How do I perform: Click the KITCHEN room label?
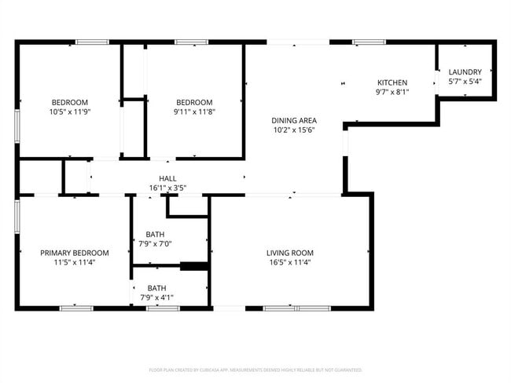392,82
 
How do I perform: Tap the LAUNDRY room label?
465,71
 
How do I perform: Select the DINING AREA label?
294,120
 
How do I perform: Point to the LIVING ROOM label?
290,253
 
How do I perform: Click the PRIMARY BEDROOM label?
75,253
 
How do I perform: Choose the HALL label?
167,178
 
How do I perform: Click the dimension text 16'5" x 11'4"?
290,263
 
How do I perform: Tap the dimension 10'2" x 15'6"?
294,130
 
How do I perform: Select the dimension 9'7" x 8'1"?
392,92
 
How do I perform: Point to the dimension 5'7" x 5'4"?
465,81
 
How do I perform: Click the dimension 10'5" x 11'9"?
70,112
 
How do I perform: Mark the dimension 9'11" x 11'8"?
194,112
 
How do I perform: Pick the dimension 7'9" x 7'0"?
156,244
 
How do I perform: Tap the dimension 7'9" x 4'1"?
156,297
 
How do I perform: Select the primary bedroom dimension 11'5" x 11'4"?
75,263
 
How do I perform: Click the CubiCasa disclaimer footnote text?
256,369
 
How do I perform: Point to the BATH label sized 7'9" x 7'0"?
156,235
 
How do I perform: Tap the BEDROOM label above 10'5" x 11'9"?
70,102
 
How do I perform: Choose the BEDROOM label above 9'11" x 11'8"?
194,102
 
